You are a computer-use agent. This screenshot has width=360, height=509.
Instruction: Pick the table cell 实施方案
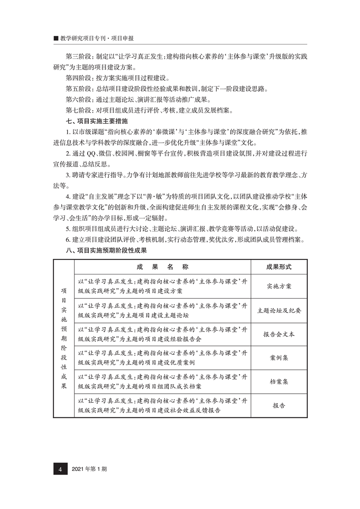279,286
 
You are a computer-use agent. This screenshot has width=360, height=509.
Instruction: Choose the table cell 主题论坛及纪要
279,311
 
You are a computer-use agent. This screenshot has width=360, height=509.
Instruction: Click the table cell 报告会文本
279,334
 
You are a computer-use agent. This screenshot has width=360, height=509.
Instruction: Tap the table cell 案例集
279,358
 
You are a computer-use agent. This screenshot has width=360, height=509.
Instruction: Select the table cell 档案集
279,382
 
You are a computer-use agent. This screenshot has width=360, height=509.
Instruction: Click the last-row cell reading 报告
279,406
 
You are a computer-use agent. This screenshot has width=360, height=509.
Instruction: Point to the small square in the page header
56,39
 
